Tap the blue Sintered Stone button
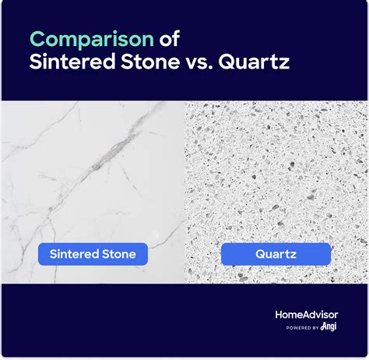(x=93, y=254)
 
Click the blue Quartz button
(x=276, y=254)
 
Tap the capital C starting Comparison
(x=37, y=38)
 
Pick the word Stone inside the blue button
(x=120, y=254)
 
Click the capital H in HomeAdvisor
(x=279, y=314)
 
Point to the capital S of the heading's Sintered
(x=35, y=63)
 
